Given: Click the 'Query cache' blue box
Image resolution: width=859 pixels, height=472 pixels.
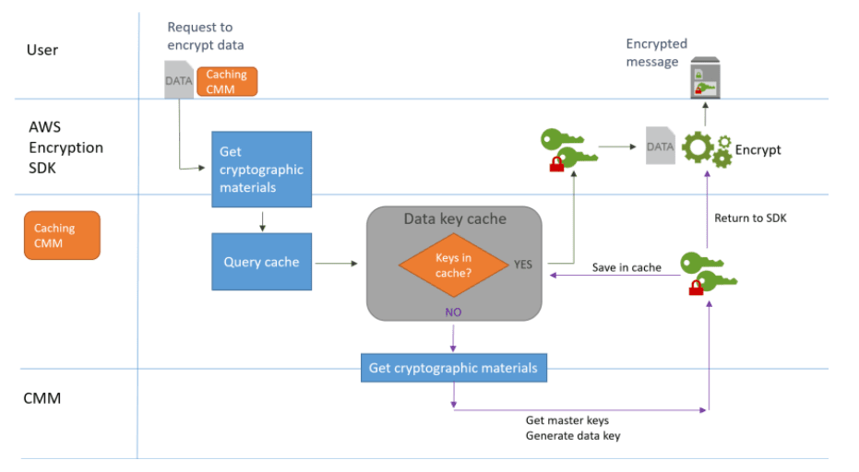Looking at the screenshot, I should [261, 262].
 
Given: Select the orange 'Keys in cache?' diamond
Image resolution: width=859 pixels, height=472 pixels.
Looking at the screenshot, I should [453, 264].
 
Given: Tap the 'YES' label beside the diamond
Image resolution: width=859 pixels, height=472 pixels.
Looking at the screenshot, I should [523, 264].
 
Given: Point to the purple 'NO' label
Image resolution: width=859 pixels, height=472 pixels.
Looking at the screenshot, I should [453, 313].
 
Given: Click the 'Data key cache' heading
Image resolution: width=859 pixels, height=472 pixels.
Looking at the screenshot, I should [455, 219].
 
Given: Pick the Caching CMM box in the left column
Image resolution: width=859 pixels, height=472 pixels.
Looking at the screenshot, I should [62, 235].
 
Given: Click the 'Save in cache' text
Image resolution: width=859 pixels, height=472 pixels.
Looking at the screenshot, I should [626, 267].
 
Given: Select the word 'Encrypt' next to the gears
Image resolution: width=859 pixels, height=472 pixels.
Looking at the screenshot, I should [758, 149].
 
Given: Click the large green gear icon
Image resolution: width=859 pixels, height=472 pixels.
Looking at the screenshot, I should [698, 148].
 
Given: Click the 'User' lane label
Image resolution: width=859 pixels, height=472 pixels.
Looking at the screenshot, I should [43, 49].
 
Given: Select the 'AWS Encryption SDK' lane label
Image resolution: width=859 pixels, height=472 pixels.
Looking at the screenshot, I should [66, 147].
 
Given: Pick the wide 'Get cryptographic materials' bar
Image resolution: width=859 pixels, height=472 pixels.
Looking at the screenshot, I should [453, 368].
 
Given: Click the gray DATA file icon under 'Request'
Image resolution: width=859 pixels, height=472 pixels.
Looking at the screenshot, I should [178, 80].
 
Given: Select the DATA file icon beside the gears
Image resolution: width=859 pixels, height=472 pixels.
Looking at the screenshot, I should [660, 146].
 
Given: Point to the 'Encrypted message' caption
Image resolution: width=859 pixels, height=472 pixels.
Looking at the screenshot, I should [656, 53].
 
